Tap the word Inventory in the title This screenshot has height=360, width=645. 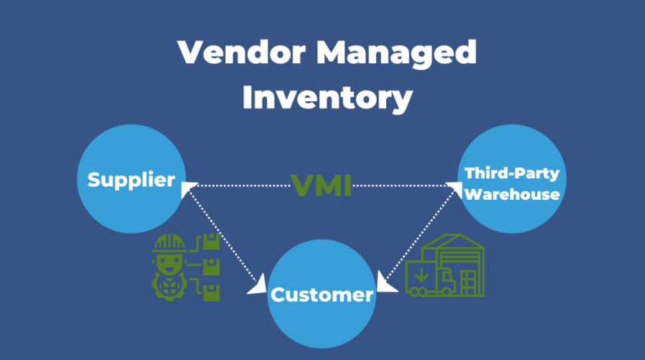(327, 97)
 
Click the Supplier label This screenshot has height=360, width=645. (131, 180)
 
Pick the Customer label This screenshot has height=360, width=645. (322, 295)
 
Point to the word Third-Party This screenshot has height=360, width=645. (511, 173)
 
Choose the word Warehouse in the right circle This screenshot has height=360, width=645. (511, 194)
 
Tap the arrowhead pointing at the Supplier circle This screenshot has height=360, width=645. (188, 187)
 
